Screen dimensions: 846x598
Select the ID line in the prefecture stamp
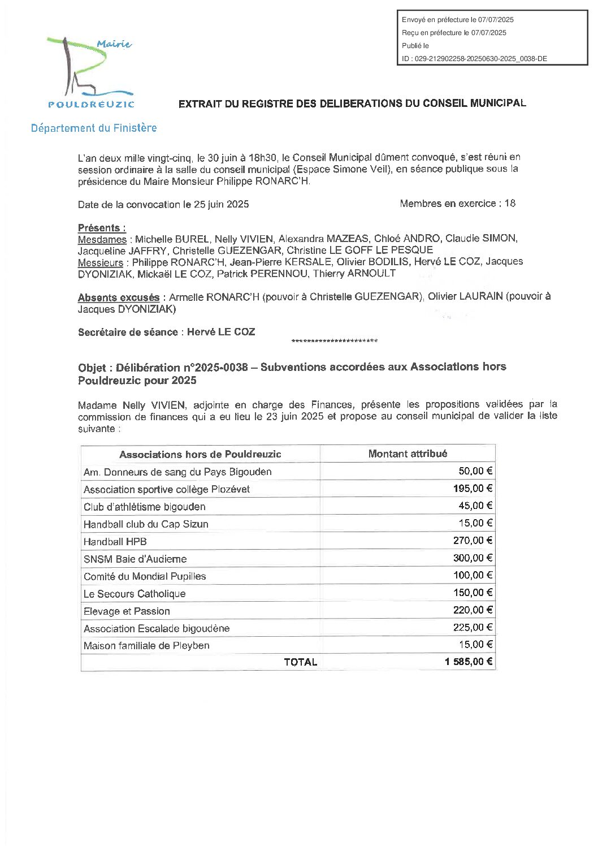pyautogui.click(x=474, y=58)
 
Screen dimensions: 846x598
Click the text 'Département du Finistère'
pyautogui.click(x=94, y=128)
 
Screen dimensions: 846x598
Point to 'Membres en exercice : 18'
pyautogui.click(x=457, y=204)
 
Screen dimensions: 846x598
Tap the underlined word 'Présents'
pyautogui.click(x=101, y=228)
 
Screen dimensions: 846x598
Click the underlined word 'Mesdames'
pyautogui.click(x=102, y=239)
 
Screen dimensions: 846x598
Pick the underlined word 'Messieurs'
pyautogui.click(x=101, y=262)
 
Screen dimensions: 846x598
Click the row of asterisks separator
pyautogui.click(x=334, y=341)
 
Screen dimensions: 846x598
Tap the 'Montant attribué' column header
pyautogui.click(x=408, y=454)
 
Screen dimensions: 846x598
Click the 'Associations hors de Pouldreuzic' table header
pyautogui.click(x=200, y=454)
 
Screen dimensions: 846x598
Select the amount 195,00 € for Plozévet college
pyautogui.click(x=473, y=489)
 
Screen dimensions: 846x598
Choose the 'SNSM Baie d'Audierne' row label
pyautogui.click(x=135, y=559)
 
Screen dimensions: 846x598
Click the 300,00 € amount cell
pyautogui.click(x=473, y=558)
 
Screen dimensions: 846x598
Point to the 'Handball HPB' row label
pyautogui.click(x=115, y=541)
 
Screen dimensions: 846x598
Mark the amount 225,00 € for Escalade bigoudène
pyautogui.click(x=473, y=627)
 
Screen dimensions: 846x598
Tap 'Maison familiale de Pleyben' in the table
pyautogui.click(x=146, y=645)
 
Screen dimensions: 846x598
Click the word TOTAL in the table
pyautogui.click(x=300, y=662)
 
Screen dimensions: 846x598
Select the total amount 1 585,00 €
pyautogui.click(x=469, y=662)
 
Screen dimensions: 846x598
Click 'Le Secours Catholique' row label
pyautogui.click(x=135, y=593)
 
